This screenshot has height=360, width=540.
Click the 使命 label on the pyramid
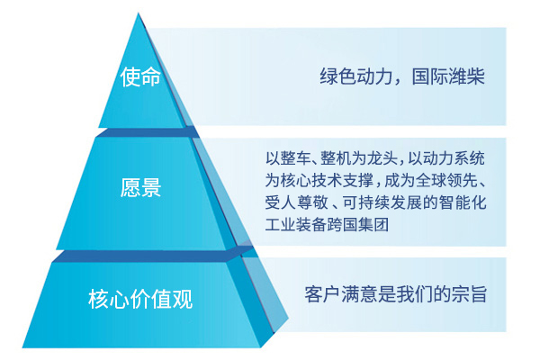pyautogui.click(x=140, y=76)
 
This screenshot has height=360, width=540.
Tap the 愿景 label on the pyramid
pyautogui.click(x=140, y=188)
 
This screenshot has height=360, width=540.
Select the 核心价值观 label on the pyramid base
pyautogui.click(x=140, y=299)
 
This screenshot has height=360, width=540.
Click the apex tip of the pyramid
pyautogui.click(x=139, y=13)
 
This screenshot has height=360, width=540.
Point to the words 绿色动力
pyautogui.click(x=356, y=76)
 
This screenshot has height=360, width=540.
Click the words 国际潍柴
pyautogui.click(x=448, y=76)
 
